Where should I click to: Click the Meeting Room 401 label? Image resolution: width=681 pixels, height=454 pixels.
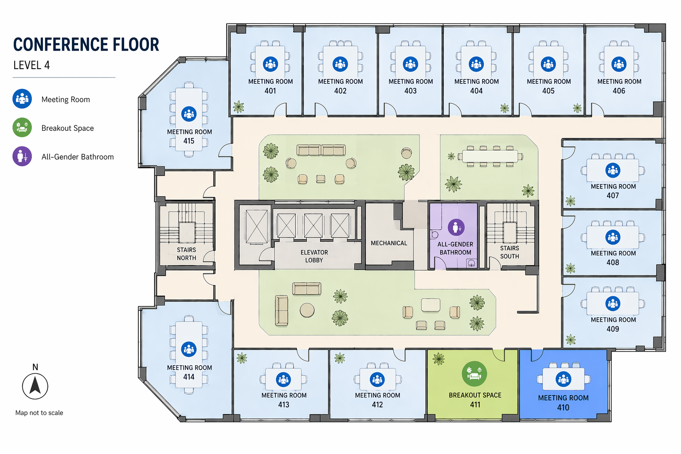[270, 86]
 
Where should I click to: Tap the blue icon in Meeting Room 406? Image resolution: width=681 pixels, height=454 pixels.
[619, 64]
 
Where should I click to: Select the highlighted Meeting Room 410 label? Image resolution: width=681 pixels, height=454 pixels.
[563, 403]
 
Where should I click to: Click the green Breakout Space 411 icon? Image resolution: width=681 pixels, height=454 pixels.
[474, 374]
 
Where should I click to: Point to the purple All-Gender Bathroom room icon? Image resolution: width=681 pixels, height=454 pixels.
[456, 227]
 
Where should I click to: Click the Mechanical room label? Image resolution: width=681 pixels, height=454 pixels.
[389, 243]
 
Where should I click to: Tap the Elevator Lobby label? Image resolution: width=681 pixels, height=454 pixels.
[314, 256]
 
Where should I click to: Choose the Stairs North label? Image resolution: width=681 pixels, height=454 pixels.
[186, 254]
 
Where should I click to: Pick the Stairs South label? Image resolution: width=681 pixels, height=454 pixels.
[509, 252]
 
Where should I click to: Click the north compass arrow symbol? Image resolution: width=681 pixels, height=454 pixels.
[35, 385]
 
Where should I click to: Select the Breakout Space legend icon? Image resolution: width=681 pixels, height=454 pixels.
[22, 128]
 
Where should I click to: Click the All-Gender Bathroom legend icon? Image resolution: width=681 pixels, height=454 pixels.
[22, 157]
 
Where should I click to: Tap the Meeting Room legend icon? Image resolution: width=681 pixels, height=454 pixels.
[22, 99]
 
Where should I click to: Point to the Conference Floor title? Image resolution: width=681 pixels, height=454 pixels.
[86, 45]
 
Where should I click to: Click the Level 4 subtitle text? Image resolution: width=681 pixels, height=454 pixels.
[31, 65]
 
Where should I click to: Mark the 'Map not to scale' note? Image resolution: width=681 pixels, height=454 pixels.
[39, 413]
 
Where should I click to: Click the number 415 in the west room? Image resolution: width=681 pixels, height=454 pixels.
[189, 141]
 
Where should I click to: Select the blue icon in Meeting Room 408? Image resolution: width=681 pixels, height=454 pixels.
[613, 237]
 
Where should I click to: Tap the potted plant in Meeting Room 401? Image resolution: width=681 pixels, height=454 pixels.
[239, 106]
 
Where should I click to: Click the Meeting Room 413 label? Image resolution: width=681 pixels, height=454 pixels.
[284, 400]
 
